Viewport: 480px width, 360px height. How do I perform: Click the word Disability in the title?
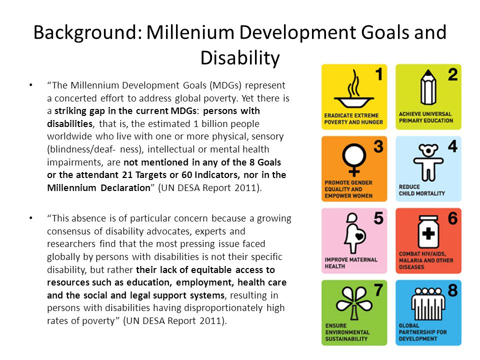point(240,58)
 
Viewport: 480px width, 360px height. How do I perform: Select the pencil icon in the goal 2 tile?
point(428,87)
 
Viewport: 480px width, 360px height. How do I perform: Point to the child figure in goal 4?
point(428,162)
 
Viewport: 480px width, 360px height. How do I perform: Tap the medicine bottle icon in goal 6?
point(428,231)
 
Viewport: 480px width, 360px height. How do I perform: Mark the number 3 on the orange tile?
point(378,146)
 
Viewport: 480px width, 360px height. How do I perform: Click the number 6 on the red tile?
point(453,218)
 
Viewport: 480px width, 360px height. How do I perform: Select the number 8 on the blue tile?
point(453,290)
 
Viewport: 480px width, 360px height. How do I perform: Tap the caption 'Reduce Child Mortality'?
point(422,190)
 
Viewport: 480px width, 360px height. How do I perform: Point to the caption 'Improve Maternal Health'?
point(351,263)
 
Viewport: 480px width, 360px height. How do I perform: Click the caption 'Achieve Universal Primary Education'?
point(426,117)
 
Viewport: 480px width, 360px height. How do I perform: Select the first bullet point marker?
point(30,85)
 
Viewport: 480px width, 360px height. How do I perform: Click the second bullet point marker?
point(30,218)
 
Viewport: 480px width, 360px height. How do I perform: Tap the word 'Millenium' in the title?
point(190,32)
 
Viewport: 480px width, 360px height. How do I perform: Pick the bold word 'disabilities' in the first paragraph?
point(70,123)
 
